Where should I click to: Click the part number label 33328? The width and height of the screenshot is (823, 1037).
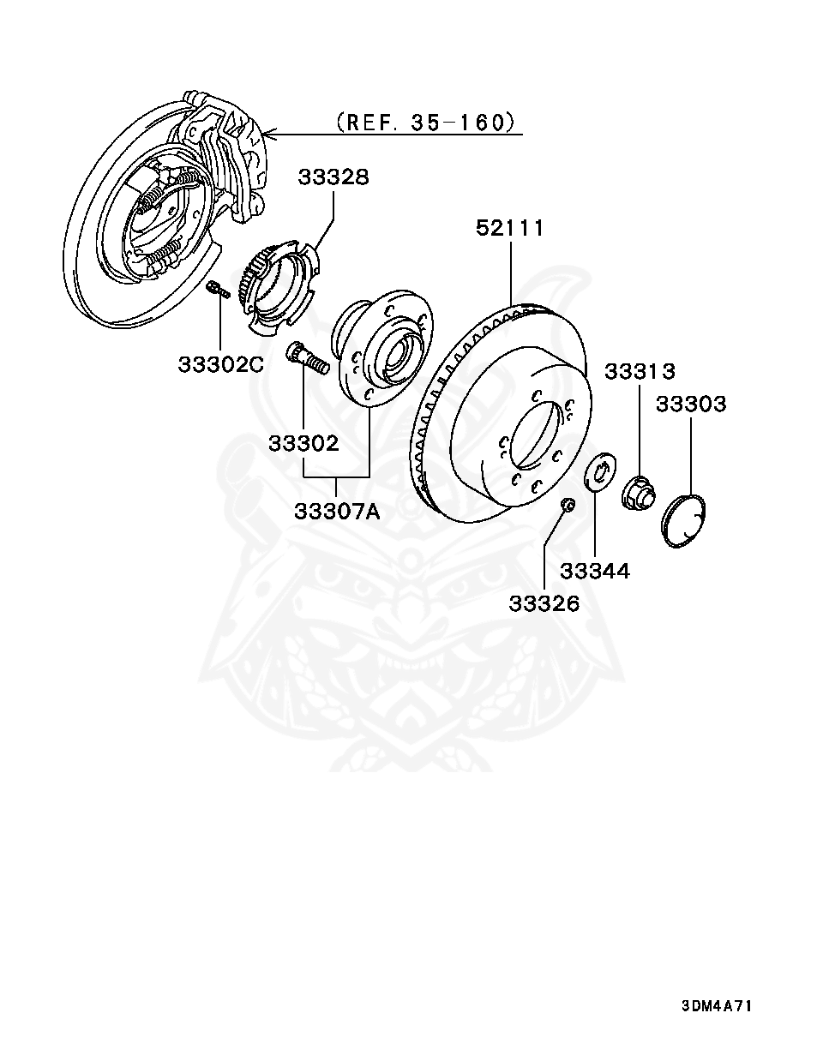tap(333, 177)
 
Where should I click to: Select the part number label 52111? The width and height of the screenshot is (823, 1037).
tap(510, 228)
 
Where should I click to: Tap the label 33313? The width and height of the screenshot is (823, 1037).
tap(640, 371)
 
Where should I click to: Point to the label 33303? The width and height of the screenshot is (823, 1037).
tap(691, 404)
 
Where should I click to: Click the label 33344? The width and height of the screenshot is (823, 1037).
tap(595, 571)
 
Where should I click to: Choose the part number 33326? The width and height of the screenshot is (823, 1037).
tap(544, 603)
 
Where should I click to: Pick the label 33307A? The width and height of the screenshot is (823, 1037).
tap(337, 512)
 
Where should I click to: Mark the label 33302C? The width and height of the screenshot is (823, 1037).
tap(221, 363)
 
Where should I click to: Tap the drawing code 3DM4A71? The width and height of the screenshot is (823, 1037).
tap(717, 1006)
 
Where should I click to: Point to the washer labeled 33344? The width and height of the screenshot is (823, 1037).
tap(598, 471)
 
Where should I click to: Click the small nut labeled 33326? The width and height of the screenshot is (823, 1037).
tap(567, 504)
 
